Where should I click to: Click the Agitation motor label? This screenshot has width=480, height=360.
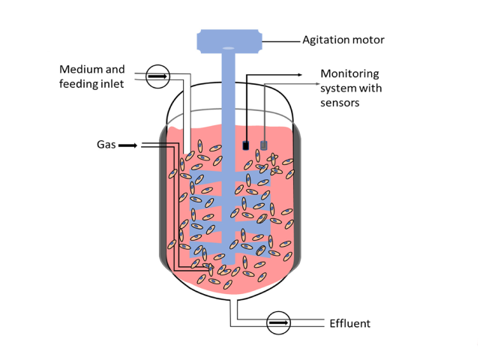click(343, 40)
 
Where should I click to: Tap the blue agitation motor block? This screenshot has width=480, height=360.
click(229, 41)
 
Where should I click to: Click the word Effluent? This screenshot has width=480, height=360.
click(350, 323)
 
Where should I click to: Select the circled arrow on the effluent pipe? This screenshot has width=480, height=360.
click(278, 322)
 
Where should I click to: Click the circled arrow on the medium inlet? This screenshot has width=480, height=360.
click(157, 76)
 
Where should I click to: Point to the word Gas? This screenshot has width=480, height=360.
click(106, 145)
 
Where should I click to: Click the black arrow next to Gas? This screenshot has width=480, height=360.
click(127, 145)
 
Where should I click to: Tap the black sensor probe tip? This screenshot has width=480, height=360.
click(245, 145)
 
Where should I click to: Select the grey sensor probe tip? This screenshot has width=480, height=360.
click(263, 145)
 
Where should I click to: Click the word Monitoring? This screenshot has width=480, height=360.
click(349, 74)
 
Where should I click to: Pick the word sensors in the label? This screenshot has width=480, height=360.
click(340, 103)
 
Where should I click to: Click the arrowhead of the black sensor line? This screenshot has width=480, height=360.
click(300, 74)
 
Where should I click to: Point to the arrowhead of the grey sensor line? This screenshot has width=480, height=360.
click(317, 83)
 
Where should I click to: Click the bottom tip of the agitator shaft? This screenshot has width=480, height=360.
click(228, 264)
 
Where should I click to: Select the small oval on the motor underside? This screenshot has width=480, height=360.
click(228, 48)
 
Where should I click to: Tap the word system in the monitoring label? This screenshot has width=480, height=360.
click(338, 88)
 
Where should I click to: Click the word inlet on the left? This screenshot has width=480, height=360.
click(112, 84)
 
